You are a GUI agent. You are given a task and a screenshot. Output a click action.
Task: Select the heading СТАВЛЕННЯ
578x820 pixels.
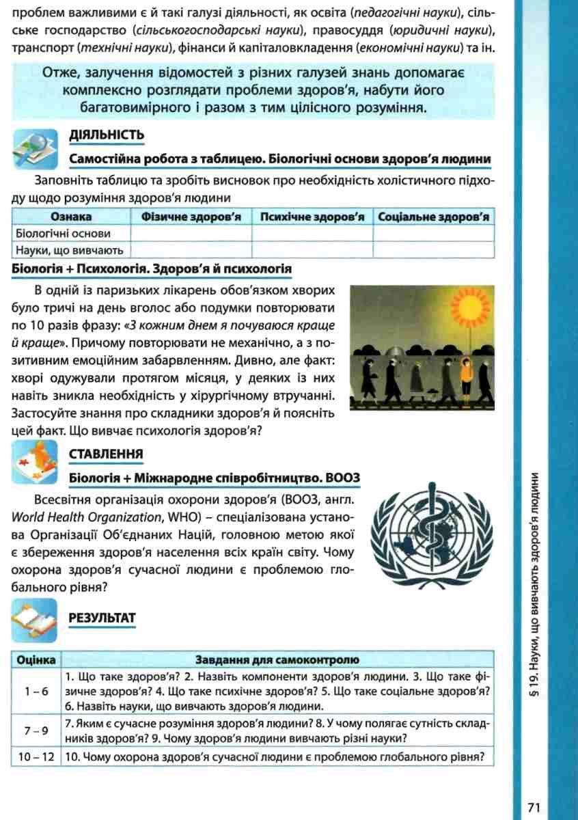tap(106, 454)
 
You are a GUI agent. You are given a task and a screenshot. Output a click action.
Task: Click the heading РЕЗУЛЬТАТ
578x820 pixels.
tap(102, 618)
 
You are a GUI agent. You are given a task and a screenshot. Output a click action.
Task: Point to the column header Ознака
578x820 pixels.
tap(71, 217)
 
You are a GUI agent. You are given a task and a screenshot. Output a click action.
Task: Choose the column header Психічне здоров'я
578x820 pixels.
tap(312, 217)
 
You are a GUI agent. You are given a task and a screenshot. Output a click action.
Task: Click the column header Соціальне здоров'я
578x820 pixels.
tap(434, 217)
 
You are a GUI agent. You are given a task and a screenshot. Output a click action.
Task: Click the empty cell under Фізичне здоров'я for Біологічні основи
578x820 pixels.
tap(191, 233)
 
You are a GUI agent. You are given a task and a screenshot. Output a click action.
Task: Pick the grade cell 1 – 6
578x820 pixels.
tap(36, 692)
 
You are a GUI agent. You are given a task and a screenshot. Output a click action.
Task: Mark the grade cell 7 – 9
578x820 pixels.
tap(36, 730)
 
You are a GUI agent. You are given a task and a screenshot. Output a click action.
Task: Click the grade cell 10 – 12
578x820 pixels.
tap(36, 756)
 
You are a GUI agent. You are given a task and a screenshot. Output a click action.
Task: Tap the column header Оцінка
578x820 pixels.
tap(36, 660)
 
